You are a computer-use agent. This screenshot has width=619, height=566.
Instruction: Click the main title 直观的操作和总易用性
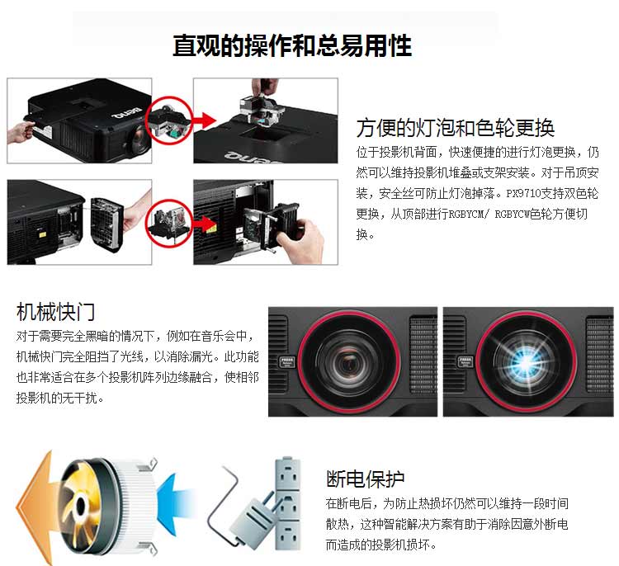(292, 45)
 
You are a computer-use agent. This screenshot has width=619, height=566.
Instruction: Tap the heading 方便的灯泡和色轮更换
(455, 128)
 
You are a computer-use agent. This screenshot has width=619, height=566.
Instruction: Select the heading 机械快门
(55, 312)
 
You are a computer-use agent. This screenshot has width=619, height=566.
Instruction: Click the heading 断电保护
(366, 479)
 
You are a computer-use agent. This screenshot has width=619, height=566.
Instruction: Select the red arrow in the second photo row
(206, 224)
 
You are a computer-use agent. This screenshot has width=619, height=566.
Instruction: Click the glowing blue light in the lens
(527, 363)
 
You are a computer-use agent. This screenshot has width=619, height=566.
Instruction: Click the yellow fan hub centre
(81, 505)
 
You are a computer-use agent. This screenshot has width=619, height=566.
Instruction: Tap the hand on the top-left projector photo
(20, 132)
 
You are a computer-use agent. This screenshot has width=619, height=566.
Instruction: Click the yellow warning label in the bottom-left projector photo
(42, 233)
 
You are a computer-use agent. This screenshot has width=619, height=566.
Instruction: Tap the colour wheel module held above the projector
(262, 111)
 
